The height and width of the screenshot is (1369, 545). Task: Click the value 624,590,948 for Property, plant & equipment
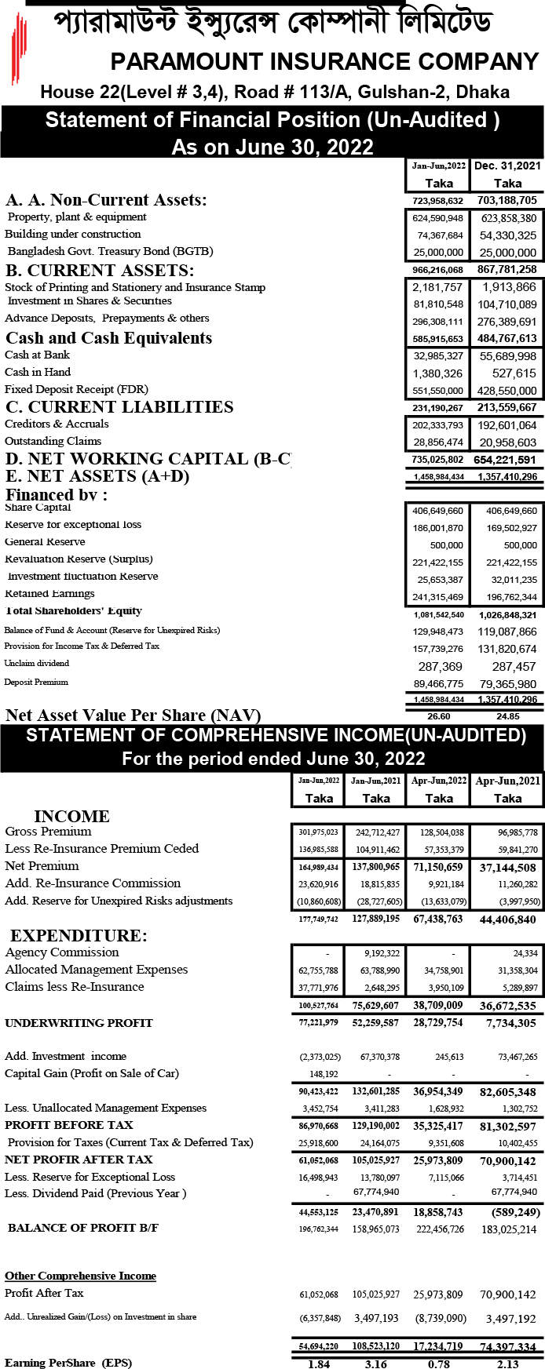click(x=437, y=218)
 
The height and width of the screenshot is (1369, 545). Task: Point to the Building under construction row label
click(x=73, y=234)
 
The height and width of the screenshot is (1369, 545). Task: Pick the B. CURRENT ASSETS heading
click(x=100, y=271)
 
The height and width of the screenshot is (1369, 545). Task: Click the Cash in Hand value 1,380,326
click(x=437, y=373)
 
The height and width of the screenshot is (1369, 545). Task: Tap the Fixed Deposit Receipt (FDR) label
click(x=76, y=389)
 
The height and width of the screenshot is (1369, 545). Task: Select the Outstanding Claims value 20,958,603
click(x=507, y=442)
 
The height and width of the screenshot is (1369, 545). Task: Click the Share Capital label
click(x=38, y=508)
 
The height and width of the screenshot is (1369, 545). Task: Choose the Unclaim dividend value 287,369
click(x=440, y=667)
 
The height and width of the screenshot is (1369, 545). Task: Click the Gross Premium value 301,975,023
click(x=319, y=832)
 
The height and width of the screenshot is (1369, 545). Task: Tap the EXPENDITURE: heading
click(x=79, y=936)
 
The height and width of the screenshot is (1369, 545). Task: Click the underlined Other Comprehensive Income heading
click(x=80, y=1276)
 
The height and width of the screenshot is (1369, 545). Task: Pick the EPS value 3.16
click(x=376, y=1364)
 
